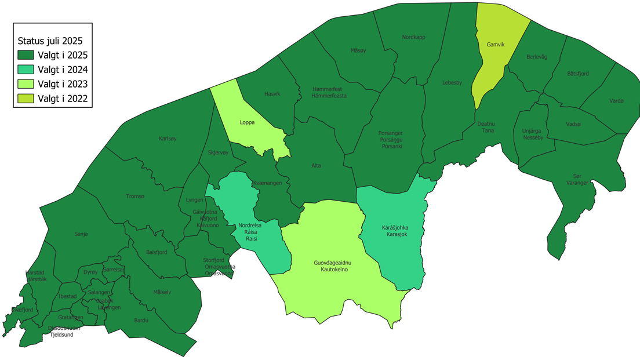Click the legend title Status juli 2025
point(50,41)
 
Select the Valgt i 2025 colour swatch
point(26,56)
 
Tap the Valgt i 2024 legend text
point(62,70)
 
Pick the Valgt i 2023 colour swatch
point(26,84)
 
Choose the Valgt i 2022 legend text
point(62,99)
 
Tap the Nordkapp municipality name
point(413,37)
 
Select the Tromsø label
point(136,196)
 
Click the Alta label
point(316,166)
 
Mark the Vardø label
point(617,101)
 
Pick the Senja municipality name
point(81,234)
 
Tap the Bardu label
point(141,320)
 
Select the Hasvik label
point(272,94)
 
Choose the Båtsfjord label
point(578,74)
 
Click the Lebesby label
point(452,82)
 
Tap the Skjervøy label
point(218,153)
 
